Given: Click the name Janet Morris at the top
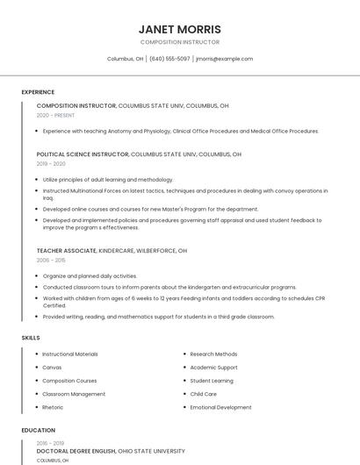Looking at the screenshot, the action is point(179,29).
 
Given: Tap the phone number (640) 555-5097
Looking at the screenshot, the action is point(169,59).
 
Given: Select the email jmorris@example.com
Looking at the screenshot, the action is point(224,59).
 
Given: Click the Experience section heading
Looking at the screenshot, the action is point(38,92).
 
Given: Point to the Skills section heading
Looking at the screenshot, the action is point(31,338).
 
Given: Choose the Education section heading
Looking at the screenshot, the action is point(38,431).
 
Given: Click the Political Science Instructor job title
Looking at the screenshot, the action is point(83,154).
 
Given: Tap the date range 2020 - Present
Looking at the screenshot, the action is point(55,115).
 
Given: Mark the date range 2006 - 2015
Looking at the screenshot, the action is point(51,261).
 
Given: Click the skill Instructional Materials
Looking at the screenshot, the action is point(70,354).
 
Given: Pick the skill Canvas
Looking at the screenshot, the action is point(52,368).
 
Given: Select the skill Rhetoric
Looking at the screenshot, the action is point(53,407).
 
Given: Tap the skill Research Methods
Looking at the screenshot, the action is point(213,354).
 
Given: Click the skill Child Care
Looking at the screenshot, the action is point(203,394).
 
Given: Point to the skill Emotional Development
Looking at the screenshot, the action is point(220,407).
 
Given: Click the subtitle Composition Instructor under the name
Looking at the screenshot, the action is point(179,42).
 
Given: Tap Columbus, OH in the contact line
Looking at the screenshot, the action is point(125,59).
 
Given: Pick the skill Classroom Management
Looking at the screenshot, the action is point(74,394).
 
